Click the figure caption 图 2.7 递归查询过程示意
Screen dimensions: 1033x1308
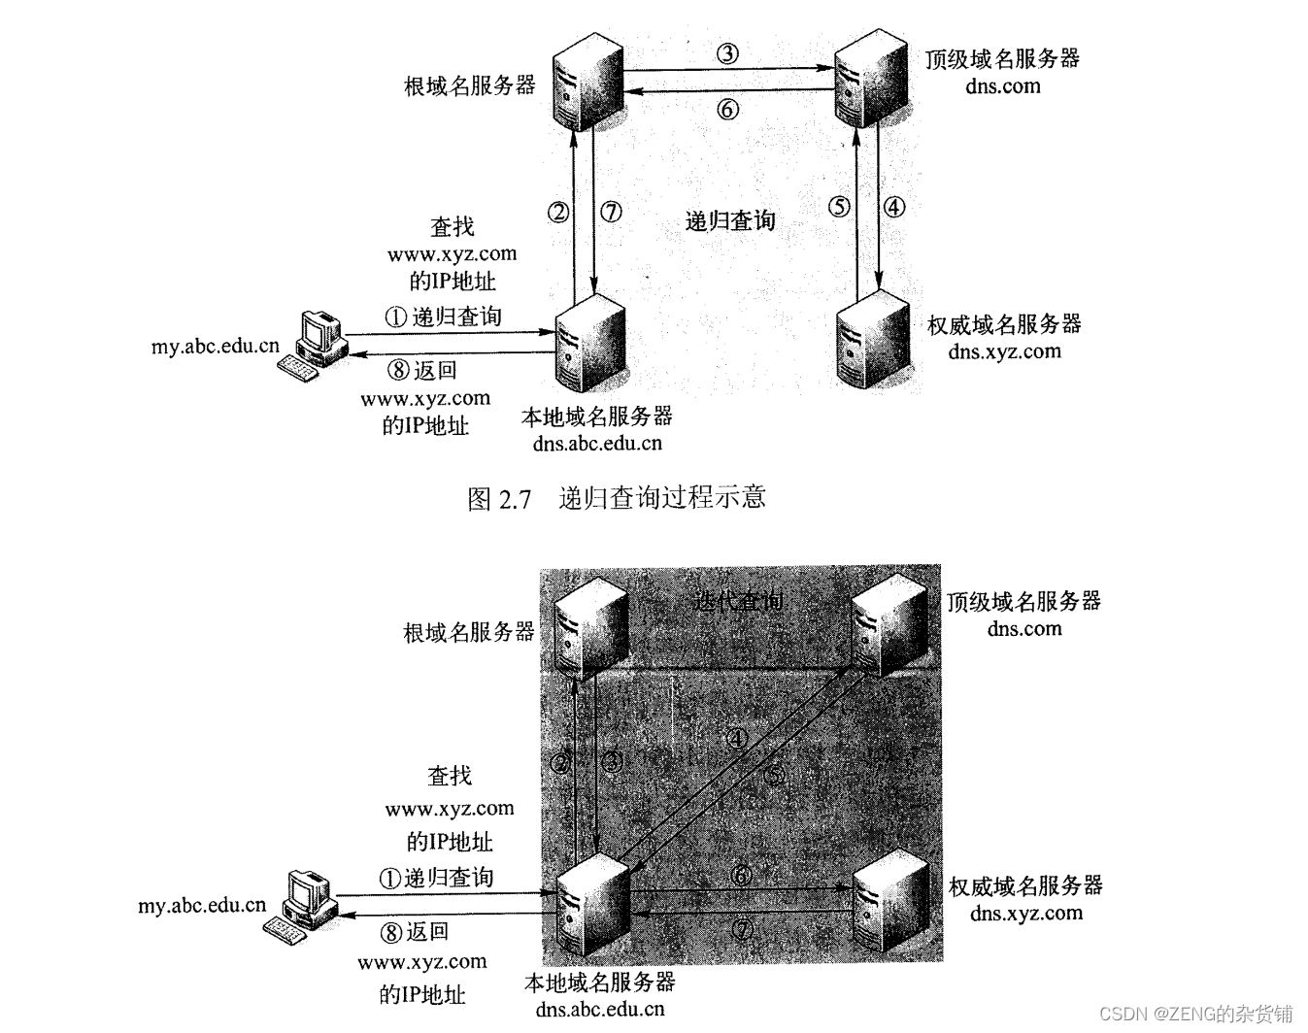pos(617,498)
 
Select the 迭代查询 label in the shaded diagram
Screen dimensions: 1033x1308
pos(738,601)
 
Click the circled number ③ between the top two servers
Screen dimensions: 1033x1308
pos(727,53)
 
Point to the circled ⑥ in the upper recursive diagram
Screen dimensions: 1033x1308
pos(727,110)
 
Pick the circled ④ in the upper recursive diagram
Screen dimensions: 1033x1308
pos(894,207)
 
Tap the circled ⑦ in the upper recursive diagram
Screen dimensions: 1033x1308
pos(611,211)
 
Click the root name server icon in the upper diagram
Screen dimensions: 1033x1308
pos(587,80)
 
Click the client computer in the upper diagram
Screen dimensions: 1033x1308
pos(312,346)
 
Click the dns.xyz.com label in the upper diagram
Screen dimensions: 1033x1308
pos(1004,351)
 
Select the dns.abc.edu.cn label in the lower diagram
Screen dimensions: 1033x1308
pos(599,1009)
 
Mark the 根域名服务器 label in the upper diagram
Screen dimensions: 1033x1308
pos(469,85)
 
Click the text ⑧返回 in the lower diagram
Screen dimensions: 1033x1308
pos(415,932)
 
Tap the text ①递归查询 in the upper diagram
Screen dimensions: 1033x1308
pos(444,317)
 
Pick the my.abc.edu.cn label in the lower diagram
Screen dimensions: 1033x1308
pos(201,906)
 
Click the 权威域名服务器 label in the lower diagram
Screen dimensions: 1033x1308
pos(1025,885)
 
